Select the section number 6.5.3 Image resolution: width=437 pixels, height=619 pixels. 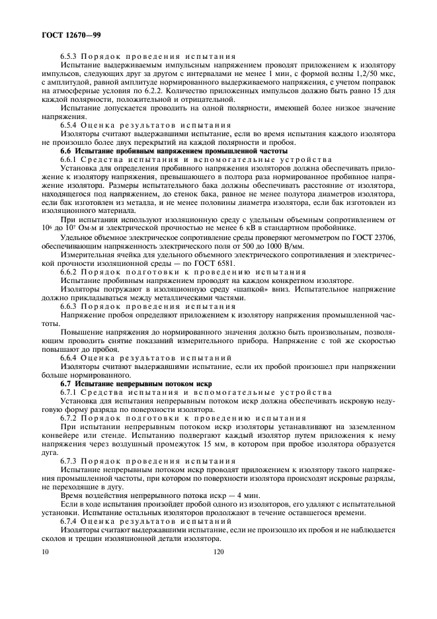coord(71,57)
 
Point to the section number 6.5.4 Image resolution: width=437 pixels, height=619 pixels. coord(71,125)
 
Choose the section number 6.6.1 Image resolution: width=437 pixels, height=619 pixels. coord(71,159)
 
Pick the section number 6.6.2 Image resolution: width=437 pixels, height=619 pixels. coord(71,272)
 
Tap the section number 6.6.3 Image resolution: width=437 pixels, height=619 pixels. coord(71,306)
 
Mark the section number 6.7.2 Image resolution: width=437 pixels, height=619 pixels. coord(71,418)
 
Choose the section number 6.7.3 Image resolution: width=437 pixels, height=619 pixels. coord(71,460)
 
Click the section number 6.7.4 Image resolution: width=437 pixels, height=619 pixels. coord(71,521)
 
